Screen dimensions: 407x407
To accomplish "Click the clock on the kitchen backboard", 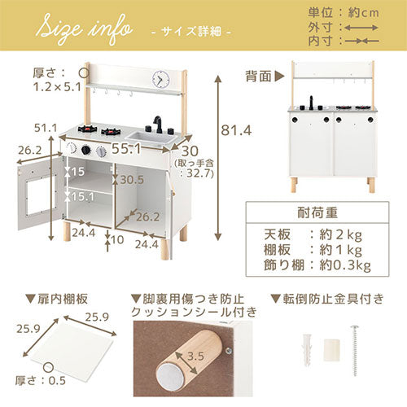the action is (x=160, y=79).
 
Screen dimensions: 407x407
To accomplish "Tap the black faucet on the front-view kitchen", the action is (x=158, y=125).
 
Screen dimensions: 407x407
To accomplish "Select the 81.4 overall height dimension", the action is (x=236, y=130).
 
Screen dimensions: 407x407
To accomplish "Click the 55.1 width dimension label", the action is (x=126, y=148).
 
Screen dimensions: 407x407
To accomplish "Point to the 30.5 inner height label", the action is (x=132, y=179).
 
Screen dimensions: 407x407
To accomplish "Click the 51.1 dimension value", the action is (x=46, y=128).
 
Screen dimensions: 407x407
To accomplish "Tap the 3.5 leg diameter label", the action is (x=195, y=356).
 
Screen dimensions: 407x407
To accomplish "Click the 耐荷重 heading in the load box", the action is (x=317, y=212).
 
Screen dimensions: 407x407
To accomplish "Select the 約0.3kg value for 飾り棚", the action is (x=345, y=265).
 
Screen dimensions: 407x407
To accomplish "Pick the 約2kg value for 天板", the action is (x=341, y=235).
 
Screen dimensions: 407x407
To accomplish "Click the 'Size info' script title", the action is (x=85, y=29).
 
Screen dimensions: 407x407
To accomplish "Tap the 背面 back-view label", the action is (x=258, y=77).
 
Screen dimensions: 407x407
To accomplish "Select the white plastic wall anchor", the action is (x=307, y=350).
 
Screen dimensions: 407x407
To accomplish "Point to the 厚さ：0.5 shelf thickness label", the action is (x=41, y=380).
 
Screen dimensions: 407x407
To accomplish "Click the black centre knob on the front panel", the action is (x=86, y=150).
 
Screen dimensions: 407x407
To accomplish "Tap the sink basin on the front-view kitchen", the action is (x=151, y=138).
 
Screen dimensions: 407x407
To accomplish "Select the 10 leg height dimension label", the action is (x=117, y=239).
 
